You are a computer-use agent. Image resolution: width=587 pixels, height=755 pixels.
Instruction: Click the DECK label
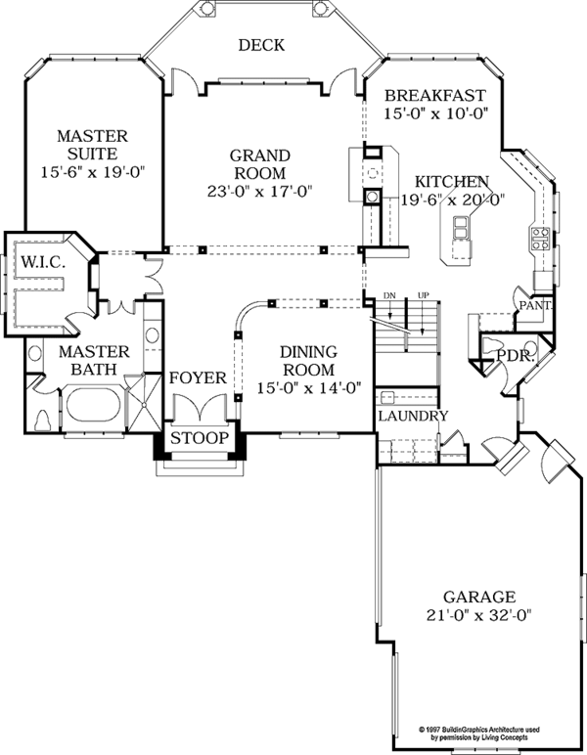(261, 45)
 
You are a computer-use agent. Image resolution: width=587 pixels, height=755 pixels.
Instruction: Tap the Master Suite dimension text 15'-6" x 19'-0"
(93, 172)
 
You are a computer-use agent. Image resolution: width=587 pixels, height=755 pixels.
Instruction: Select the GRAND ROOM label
(260, 164)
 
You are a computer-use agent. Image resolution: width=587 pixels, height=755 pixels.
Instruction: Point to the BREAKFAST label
(435, 95)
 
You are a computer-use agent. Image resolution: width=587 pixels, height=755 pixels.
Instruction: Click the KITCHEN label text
(452, 182)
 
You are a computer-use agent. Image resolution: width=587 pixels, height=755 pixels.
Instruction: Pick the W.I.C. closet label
(43, 262)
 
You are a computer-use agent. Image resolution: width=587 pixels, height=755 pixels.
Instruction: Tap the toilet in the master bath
(44, 420)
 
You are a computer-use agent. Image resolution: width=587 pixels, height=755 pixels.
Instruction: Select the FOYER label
(198, 377)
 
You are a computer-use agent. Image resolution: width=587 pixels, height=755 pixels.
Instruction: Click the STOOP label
(200, 438)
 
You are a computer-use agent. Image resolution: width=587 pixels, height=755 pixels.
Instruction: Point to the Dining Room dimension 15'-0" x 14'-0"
(309, 388)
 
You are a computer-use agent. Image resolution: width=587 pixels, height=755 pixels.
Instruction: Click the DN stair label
(389, 295)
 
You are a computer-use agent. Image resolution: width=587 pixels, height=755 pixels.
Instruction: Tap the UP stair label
(424, 295)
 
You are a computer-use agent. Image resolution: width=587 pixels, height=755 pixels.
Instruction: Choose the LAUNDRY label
(413, 416)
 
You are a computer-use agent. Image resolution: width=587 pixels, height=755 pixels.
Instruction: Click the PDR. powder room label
(516, 357)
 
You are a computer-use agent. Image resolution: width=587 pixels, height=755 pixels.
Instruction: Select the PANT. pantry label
(535, 305)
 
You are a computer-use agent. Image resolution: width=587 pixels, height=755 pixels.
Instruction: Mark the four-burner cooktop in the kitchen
(541, 239)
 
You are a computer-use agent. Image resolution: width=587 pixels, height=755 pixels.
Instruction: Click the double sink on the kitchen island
(461, 228)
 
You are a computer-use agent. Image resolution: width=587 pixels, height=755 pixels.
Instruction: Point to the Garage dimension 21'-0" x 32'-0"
(479, 615)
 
